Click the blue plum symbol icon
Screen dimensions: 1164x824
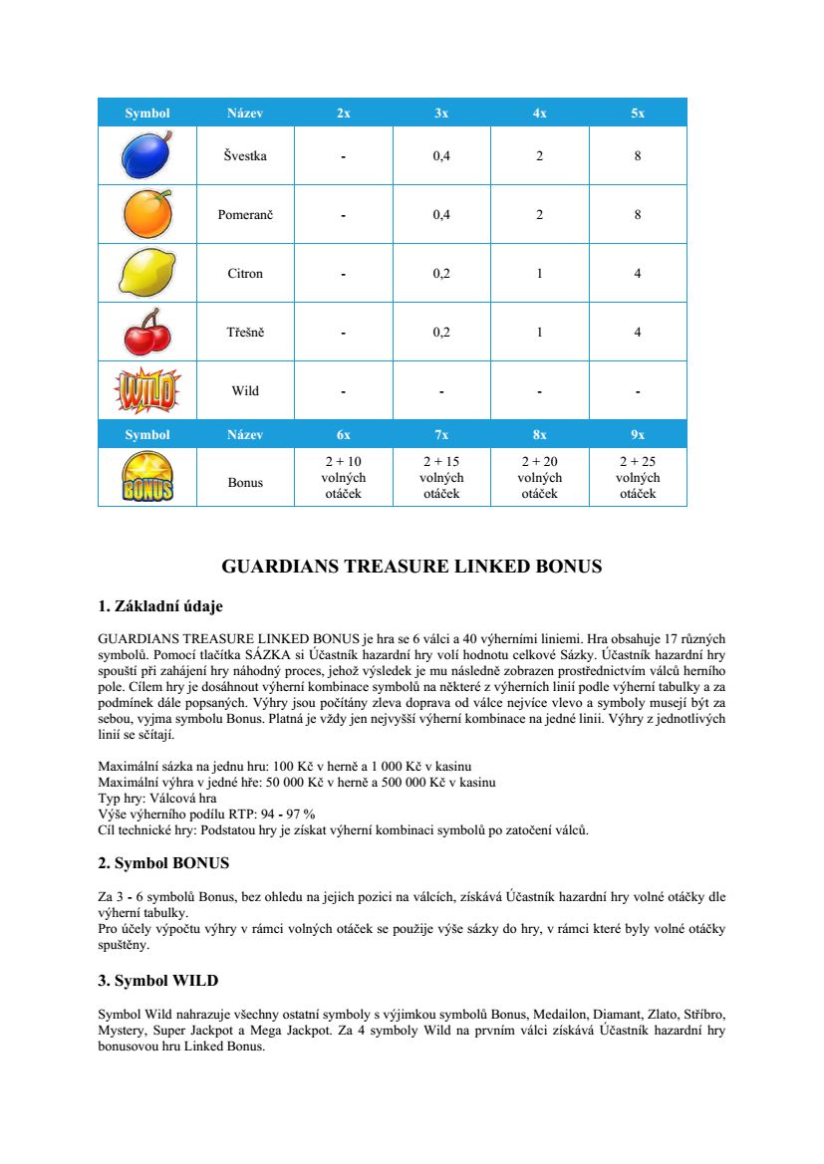pos(146,155)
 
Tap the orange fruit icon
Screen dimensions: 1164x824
pos(146,214)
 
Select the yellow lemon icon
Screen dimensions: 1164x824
pos(146,272)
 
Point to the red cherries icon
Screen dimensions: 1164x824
pos(146,332)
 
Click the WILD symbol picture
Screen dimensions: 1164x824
pos(146,390)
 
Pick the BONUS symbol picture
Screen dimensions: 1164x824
pos(146,477)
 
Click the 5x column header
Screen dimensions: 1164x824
pos(638,114)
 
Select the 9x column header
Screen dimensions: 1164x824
pos(638,435)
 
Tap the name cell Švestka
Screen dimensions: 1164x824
pos(245,156)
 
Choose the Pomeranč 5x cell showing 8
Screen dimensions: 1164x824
pos(638,215)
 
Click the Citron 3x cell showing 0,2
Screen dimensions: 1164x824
pos(441,274)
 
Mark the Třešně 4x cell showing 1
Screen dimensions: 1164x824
pos(539,333)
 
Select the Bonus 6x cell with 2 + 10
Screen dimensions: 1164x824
pos(344,478)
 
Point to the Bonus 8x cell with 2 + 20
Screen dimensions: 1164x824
pos(539,478)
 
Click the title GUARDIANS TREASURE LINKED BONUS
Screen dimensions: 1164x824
pos(412,568)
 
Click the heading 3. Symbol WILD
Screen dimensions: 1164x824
pos(157,981)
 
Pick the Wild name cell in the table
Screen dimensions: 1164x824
pos(245,391)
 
